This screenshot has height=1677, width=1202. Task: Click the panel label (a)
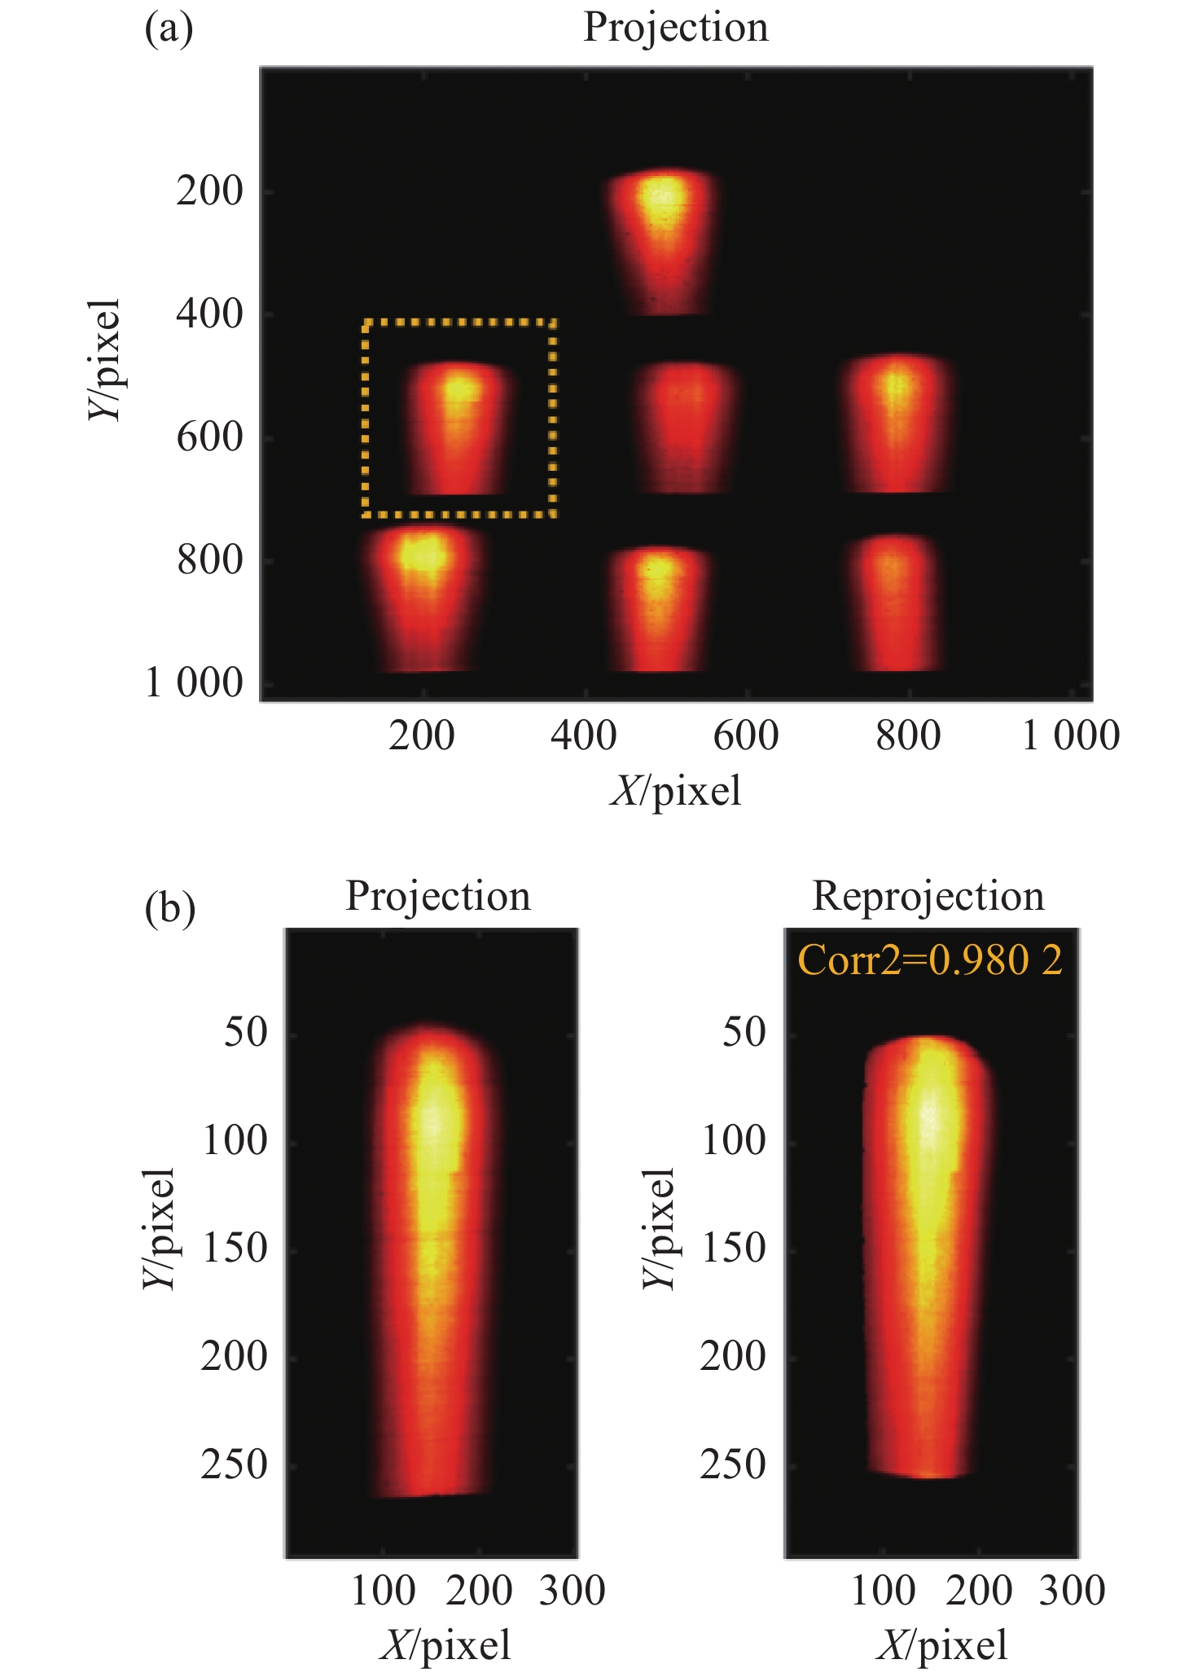[x=169, y=29]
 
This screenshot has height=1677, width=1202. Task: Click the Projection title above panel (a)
[x=675, y=28]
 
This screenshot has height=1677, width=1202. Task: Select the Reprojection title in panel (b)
[x=928, y=896]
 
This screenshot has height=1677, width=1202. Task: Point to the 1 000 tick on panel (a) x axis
[x=1070, y=735]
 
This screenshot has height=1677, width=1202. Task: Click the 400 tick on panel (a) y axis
[x=209, y=314]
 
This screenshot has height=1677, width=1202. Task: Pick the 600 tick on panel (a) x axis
[x=746, y=735]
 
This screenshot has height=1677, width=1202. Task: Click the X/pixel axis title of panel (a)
[x=675, y=791]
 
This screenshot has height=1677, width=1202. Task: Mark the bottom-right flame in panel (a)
[x=894, y=603]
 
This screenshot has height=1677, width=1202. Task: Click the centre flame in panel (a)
[x=686, y=428]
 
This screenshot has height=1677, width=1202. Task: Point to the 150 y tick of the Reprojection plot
[x=733, y=1248]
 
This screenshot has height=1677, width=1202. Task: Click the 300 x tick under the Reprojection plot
[x=1072, y=1590]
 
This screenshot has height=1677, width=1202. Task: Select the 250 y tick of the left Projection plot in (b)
[x=234, y=1464]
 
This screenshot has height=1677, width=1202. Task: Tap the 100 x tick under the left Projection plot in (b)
[x=383, y=1590]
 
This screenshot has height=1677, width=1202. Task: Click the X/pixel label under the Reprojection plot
[x=942, y=1644]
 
